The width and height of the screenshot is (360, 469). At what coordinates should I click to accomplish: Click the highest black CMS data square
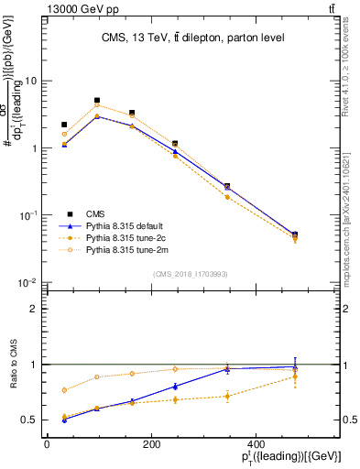[x=97, y=101]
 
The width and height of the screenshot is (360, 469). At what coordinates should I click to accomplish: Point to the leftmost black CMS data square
[x=64, y=125]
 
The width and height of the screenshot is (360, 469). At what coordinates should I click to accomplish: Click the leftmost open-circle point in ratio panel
[x=64, y=390]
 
